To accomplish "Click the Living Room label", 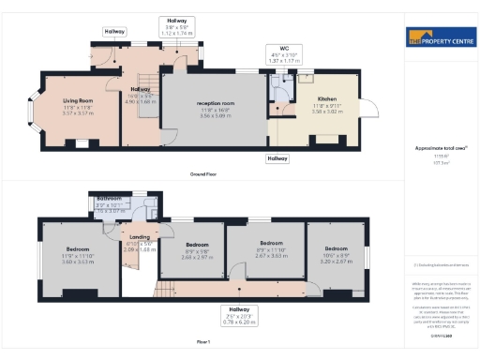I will point(78,100).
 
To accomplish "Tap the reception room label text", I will point(215,103).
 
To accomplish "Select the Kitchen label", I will point(326,98).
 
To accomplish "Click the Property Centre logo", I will point(439,39).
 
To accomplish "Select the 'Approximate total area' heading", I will point(439,148).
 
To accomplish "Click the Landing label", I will point(139,238).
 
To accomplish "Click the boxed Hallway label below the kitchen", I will point(277,159).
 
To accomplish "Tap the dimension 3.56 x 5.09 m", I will point(215,117).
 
